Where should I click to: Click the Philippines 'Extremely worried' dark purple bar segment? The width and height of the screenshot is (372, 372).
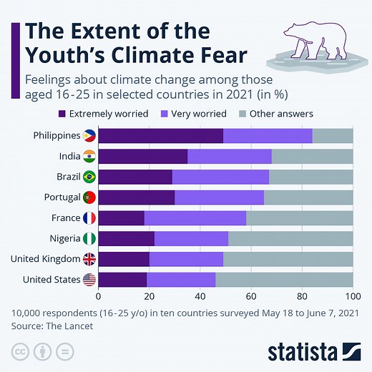tap(160, 136)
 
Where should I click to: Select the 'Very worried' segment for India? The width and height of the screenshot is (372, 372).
tap(230, 157)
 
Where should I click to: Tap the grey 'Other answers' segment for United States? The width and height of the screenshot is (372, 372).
tap(284, 280)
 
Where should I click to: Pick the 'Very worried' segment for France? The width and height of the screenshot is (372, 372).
tap(195, 218)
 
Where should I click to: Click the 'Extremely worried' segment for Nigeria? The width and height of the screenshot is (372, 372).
tap(126, 239)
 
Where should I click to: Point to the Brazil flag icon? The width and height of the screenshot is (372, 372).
tap(89, 177)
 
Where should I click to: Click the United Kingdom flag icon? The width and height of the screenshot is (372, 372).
tap(89, 259)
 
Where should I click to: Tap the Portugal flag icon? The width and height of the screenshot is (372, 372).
tap(89, 197)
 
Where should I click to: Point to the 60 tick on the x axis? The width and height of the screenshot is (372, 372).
tap(251, 296)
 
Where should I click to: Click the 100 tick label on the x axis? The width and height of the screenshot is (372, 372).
tap(352, 296)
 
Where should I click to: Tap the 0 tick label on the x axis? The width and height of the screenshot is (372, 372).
tap(98, 296)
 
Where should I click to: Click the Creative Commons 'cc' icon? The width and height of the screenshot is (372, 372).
tap(19, 352)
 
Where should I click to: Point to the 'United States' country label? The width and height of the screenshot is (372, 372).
tap(51, 280)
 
